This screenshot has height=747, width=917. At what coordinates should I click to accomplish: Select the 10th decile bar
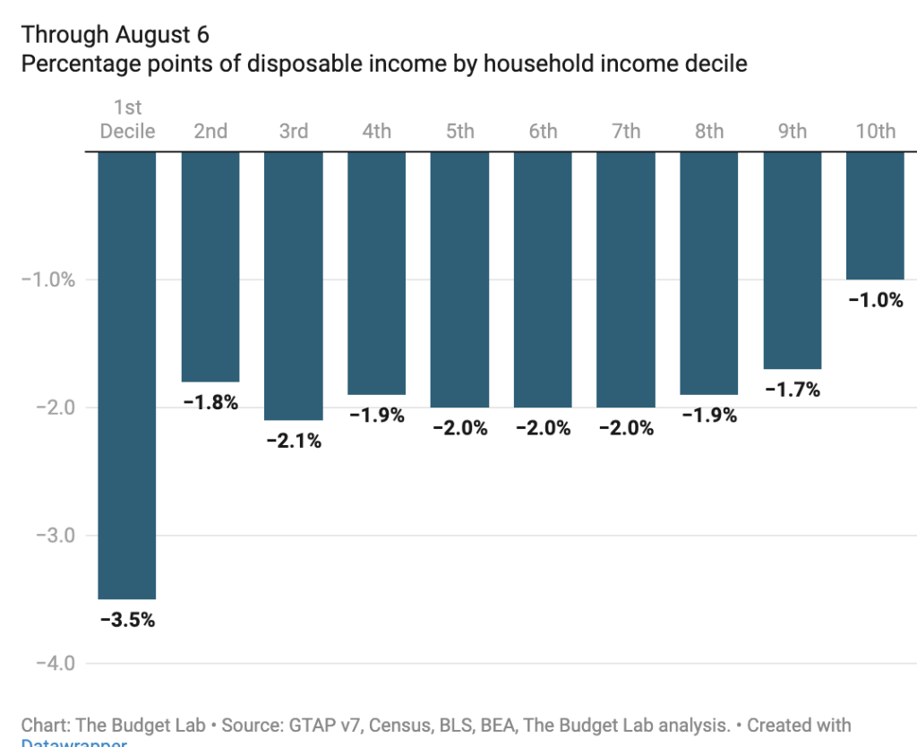click(875, 215)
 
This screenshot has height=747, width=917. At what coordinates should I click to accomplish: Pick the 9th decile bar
click(792, 260)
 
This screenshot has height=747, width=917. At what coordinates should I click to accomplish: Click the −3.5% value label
click(126, 620)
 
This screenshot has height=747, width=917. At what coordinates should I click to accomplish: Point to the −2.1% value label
click(293, 441)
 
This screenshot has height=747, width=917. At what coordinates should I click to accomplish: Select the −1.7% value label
click(792, 390)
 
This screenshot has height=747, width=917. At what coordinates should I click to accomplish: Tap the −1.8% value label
click(210, 402)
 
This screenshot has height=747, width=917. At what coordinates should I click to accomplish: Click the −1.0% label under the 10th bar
click(875, 300)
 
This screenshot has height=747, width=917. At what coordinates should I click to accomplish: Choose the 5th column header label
click(459, 131)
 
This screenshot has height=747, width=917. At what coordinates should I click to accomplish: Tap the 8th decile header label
click(708, 131)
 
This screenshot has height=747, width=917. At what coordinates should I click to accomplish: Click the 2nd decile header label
click(210, 131)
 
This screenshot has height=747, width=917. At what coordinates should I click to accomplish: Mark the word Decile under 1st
click(127, 131)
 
